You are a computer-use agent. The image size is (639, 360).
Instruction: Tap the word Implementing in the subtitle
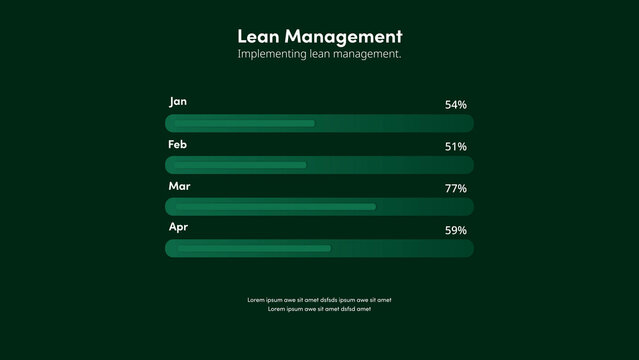272,54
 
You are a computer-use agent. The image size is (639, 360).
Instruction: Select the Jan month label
178,102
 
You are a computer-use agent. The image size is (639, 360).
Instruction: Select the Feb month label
178,145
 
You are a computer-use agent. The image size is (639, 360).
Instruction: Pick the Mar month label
179,187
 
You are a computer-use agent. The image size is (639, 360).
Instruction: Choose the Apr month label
178,228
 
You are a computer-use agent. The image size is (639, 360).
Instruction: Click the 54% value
455,104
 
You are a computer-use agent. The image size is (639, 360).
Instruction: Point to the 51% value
455,146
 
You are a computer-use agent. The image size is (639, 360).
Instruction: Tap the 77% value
455,188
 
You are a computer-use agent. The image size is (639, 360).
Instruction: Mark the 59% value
455,230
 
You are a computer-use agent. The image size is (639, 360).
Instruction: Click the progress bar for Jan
319,123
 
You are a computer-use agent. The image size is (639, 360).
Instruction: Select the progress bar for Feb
319,165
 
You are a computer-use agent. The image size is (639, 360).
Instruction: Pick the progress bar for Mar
319,207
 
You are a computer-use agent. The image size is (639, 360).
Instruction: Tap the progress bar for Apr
319,248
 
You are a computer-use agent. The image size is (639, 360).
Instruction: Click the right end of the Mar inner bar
374,207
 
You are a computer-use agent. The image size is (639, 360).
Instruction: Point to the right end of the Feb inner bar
305,165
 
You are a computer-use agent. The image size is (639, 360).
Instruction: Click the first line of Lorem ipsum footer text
319,299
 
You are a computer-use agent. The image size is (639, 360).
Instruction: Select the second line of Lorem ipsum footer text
319,309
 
